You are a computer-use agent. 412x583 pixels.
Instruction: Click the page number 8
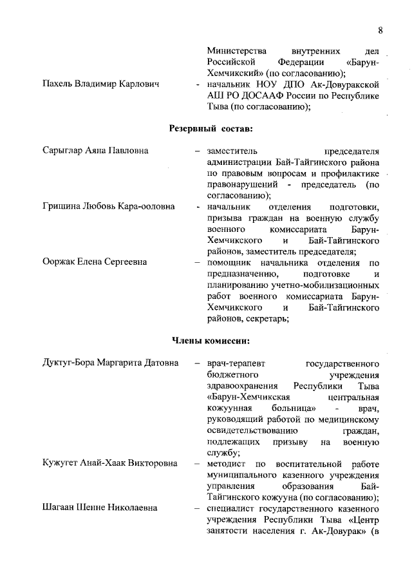(380, 30)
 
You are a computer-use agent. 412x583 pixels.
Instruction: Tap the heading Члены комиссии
(210, 341)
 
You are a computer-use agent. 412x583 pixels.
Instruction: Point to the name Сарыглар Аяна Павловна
(95, 151)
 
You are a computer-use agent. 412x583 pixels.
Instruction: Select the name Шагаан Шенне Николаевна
(99, 508)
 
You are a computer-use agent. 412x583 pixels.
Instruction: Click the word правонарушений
(243, 184)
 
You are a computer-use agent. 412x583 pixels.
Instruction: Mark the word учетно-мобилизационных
(326, 285)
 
